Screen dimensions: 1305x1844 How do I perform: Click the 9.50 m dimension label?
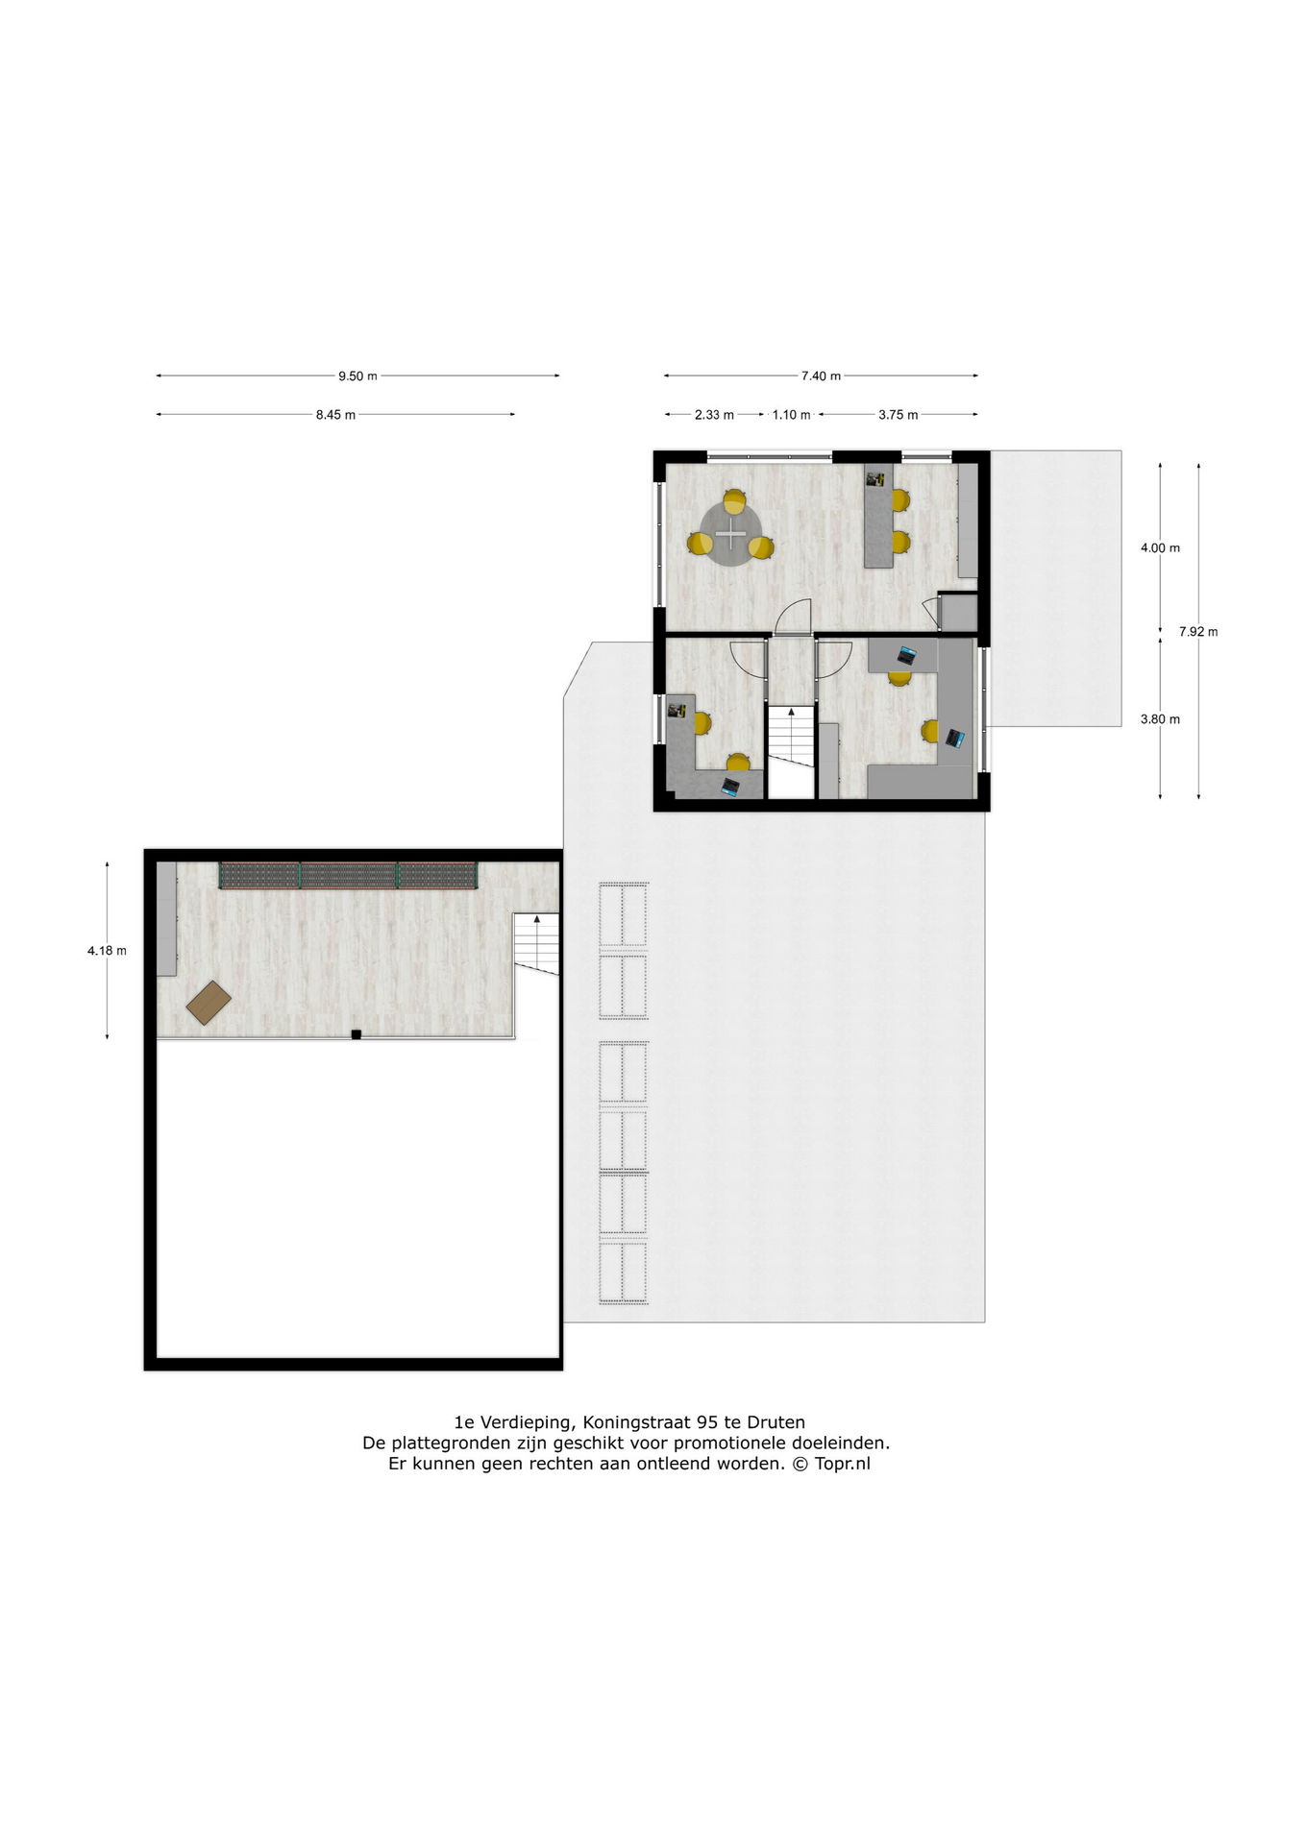tap(357, 376)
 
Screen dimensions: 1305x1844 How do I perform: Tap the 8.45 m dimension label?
tap(335, 415)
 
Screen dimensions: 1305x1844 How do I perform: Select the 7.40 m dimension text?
tap(821, 376)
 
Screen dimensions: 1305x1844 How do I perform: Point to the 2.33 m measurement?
tap(714, 415)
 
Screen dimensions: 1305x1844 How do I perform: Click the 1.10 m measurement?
tap(791, 415)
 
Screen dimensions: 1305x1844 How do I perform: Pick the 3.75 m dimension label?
tap(898, 415)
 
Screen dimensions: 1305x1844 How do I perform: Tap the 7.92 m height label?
tap(1198, 632)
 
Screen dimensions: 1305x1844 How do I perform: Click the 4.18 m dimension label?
tap(107, 951)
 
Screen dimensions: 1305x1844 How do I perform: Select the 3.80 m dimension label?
tap(1160, 719)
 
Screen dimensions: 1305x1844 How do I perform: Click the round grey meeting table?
tap(731, 534)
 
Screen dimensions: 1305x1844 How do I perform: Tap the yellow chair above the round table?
tap(734, 500)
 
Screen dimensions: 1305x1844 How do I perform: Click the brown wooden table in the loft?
tap(209, 1003)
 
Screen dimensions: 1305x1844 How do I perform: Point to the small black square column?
tap(356, 1034)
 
